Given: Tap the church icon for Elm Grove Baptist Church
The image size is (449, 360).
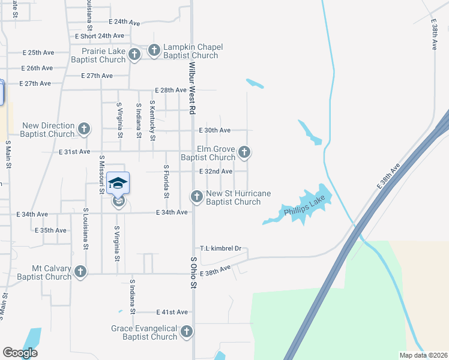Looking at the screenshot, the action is click(x=244, y=152).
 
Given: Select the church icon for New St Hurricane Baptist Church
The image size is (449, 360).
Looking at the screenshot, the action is click(x=196, y=196).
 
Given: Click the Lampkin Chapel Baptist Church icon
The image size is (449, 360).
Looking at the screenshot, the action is click(x=154, y=50).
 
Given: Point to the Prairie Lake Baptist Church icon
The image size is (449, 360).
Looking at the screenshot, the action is click(x=134, y=55).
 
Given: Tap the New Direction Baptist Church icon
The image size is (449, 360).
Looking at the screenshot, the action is click(x=84, y=129).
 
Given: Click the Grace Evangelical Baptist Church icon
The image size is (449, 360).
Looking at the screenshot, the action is click(x=187, y=331).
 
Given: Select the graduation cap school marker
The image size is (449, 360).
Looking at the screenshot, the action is click(x=118, y=183).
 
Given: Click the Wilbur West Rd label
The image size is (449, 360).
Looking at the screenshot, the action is click(x=193, y=88).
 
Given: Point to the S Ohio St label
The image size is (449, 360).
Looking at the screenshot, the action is click(x=193, y=272).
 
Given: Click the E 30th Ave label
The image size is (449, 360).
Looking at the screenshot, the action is click(x=215, y=130).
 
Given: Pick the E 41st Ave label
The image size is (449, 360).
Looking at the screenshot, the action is click(x=172, y=312).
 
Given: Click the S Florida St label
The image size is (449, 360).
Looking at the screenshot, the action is click(x=166, y=181).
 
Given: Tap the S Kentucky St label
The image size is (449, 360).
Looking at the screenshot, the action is click(x=153, y=121).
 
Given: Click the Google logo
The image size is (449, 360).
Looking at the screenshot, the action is click(x=20, y=352).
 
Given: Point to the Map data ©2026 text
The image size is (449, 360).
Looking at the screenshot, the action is click(x=423, y=355).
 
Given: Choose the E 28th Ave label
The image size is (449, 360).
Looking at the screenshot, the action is click(x=170, y=90).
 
